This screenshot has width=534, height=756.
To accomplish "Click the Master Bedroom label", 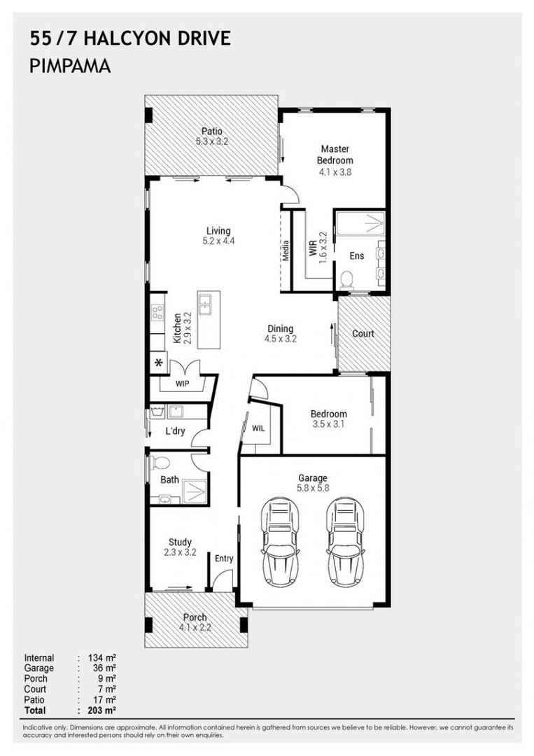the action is pos(335,154).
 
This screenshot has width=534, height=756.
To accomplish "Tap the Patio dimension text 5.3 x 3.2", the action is pos(211,141).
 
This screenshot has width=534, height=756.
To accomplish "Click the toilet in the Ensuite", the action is pos(346,279).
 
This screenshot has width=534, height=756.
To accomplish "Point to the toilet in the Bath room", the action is pos(160,463).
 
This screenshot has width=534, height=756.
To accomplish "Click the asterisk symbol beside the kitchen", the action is pos(159,363).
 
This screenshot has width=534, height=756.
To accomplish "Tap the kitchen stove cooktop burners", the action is pos(157,313).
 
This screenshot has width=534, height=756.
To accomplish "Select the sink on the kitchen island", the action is pos(205,304).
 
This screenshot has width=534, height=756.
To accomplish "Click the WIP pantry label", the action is pos(182,384).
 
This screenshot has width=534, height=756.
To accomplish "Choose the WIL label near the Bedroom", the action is pos(258,428).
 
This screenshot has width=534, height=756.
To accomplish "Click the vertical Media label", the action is pos(286,251).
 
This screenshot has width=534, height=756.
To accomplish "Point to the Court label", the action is pos(363,334).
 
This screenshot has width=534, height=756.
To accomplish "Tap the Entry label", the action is pos(224,559).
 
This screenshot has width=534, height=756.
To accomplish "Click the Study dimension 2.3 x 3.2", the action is pos(180,552).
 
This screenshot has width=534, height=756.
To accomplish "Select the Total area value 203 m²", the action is pos(101,710).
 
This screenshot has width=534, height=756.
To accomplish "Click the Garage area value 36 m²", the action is pos(104,668).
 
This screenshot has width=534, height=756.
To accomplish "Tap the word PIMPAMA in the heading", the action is pos(71,66).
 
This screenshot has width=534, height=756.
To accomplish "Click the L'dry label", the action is pos(176,430).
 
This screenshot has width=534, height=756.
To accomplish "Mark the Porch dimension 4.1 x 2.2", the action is pos(195,628).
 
